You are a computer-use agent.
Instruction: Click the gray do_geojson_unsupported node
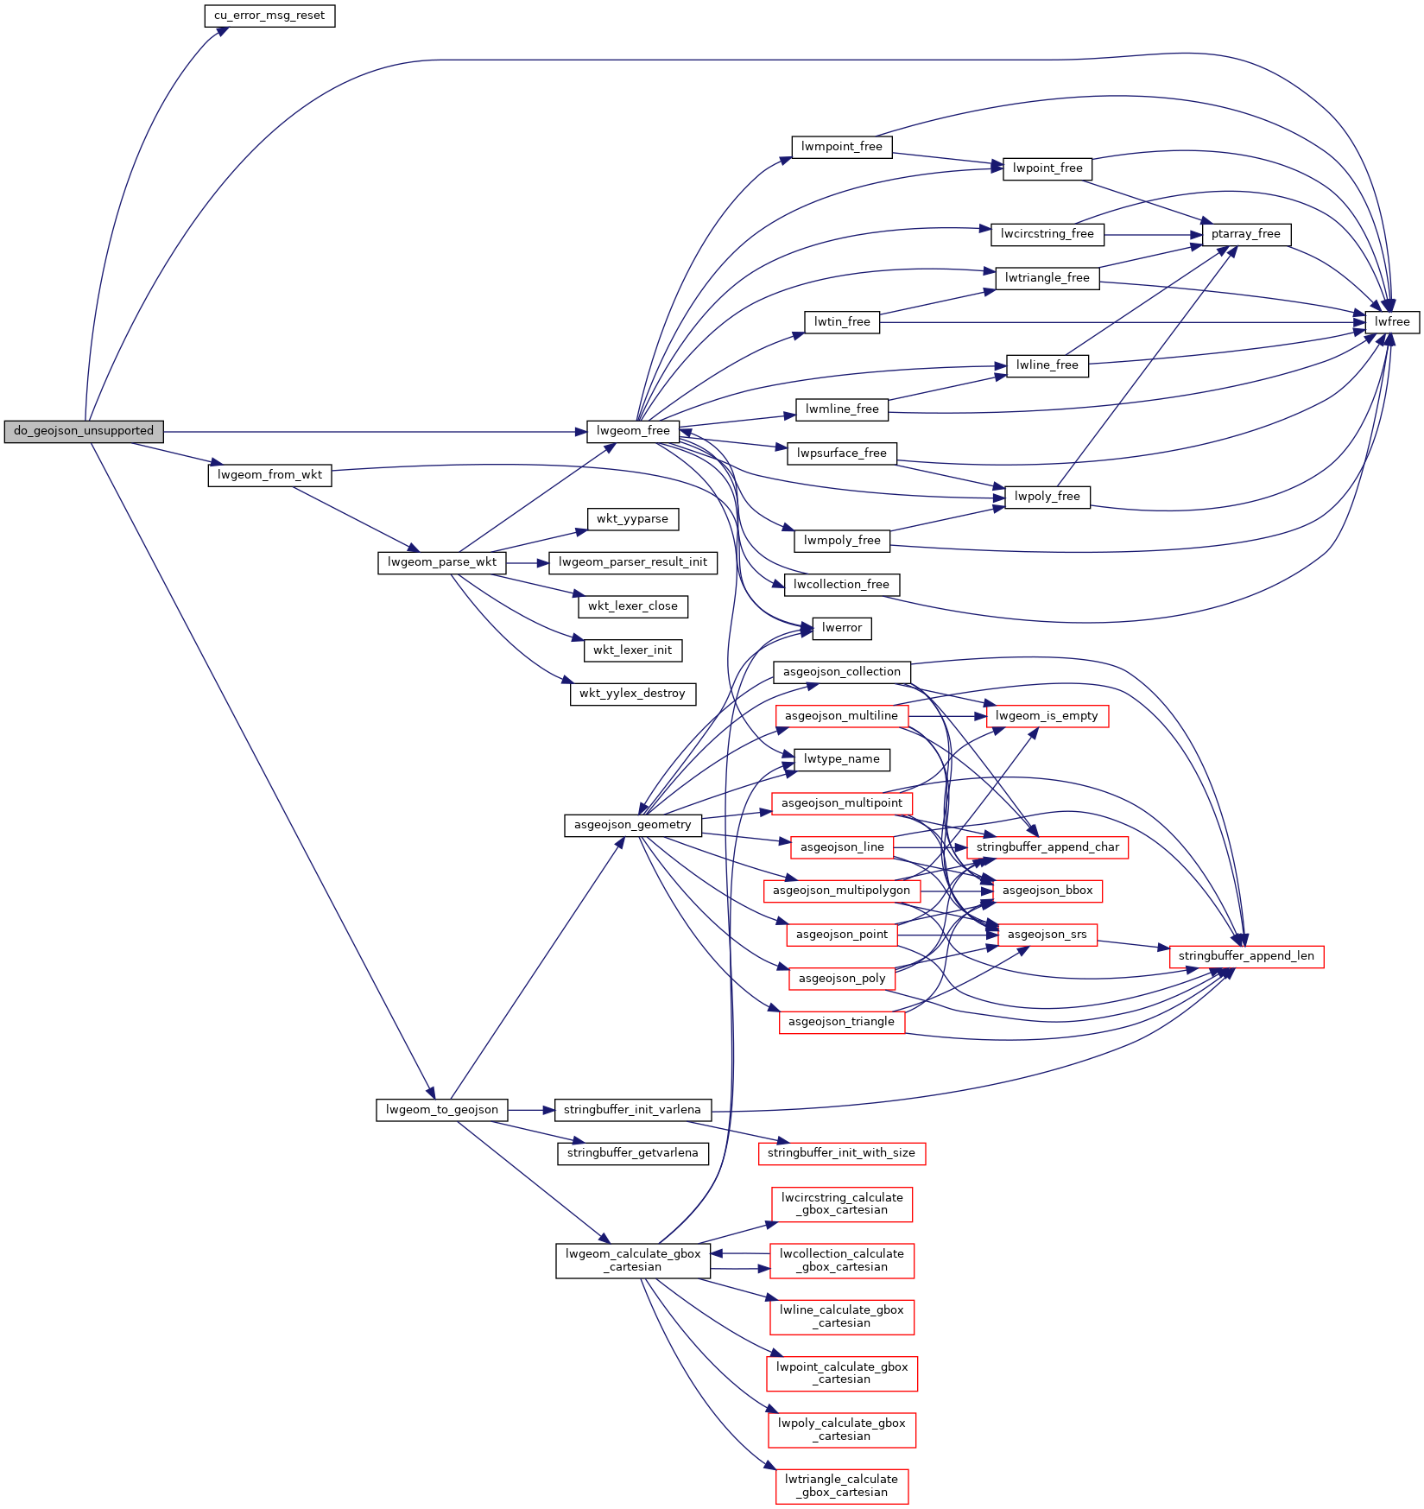pyautogui.click(x=84, y=431)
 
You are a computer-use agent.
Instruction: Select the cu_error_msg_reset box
pyautogui.click(x=269, y=16)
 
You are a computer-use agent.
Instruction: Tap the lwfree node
pyautogui.click(x=1392, y=322)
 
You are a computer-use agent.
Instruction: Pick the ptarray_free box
pyautogui.click(x=1245, y=234)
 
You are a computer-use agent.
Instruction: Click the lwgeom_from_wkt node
pyautogui.click(x=269, y=475)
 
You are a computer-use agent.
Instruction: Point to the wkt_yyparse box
pyautogui.click(x=632, y=519)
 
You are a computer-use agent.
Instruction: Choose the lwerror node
pyautogui.click(x=841, y=628)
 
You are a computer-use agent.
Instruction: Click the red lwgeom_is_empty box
pyautogui.click(x=1046, y=716)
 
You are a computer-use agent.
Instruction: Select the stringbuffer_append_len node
pyautogui.click(x=1245, y=956)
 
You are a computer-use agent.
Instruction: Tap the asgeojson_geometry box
pyautogui.click(x=632, y=825)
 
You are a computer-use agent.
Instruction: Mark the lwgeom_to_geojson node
pyautogui.click(x=441, y=1110)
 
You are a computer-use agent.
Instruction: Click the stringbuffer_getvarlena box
pyautogui.click(x=632, y=1153)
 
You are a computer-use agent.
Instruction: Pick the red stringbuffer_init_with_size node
pyautogui.click(x=841, y=1153)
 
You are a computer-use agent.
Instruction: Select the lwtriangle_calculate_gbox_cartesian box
pyautogui.click(x=841, y=1486)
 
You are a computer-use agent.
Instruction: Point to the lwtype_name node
pyautogui.click(x=841, y=759)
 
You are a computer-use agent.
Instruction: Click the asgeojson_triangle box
pyautogui.click(x=841, y=1022)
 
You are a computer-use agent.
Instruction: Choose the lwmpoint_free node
pyautogui.click(x=841, y=147)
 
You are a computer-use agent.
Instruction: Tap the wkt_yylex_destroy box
pyautogui.click(x=632, y=694)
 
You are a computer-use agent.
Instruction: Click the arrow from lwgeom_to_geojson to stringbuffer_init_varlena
pyautogui.click(x=530, y=1110)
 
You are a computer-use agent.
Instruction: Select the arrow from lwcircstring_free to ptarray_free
pyautogui.click(x=1153, y=234)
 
